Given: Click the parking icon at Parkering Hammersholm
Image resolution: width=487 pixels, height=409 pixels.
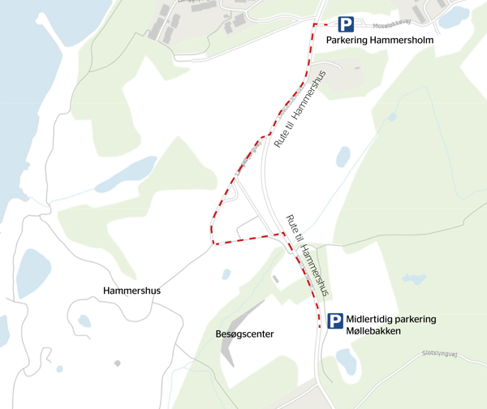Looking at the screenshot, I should [x=347, y=25].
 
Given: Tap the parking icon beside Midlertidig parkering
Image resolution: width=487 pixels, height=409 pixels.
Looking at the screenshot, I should [x=335, y=322].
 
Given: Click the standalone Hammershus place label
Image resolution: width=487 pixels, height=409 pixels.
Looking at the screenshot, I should [x=132, y=290].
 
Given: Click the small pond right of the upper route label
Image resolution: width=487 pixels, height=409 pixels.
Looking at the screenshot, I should [x=343, y=156].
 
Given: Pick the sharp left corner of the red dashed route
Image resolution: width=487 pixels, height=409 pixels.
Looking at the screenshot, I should [x=212, y=243].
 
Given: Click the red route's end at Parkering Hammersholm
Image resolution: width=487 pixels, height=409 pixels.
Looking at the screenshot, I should [x=315, y=25].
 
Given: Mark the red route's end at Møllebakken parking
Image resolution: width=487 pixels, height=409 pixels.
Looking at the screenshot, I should [x=319, y=326].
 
